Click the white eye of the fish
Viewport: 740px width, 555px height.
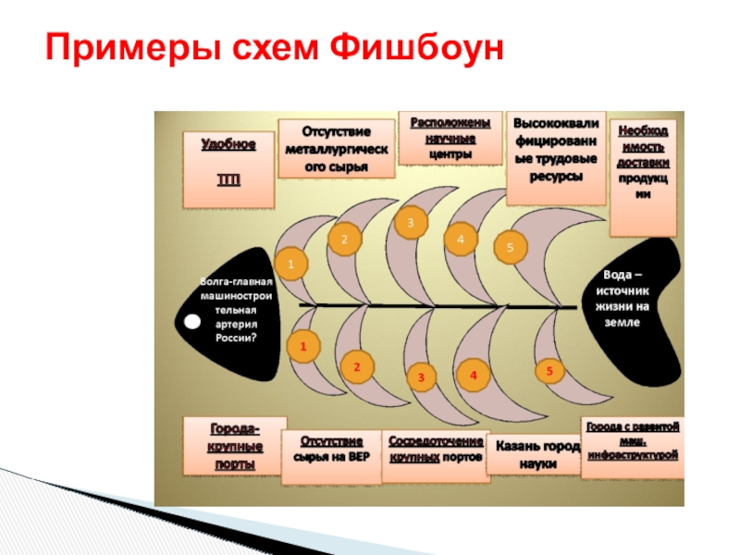pos(191,322)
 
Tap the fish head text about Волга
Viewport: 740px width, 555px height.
pos(236,309)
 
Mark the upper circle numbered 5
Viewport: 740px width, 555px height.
pos(510,248)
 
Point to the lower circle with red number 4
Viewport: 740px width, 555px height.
pos(473,376)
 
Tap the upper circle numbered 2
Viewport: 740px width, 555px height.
pos(344,239)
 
